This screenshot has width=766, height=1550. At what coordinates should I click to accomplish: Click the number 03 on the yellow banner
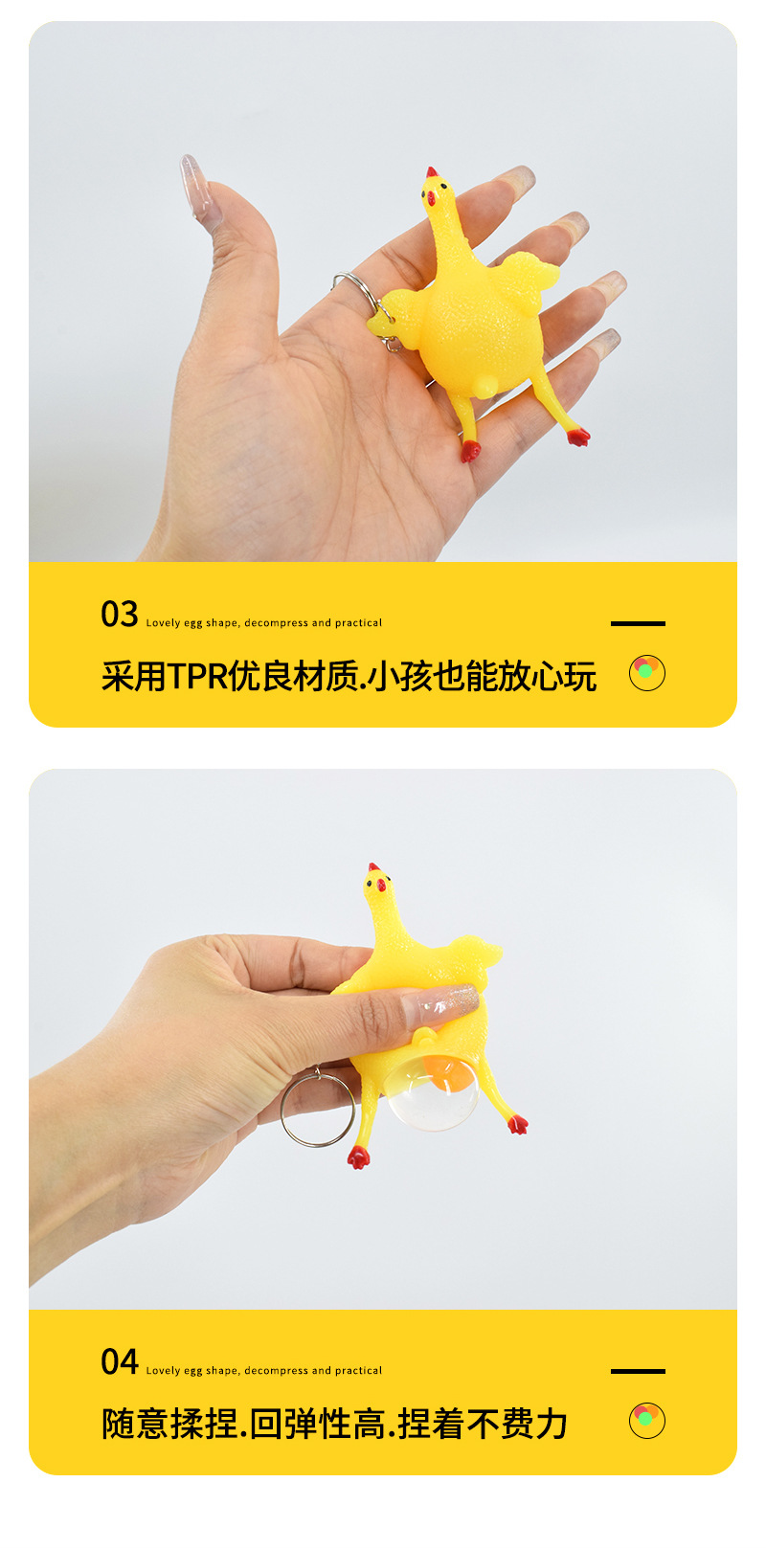coord(120,614)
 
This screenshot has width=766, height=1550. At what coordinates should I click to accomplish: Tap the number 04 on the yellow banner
coord(120,1361)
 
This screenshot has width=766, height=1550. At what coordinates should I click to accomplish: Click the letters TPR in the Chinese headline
coord(198,676)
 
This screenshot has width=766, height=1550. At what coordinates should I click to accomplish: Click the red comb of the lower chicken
coord(372,867)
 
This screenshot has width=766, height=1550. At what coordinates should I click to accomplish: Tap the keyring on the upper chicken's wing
coord(356,283)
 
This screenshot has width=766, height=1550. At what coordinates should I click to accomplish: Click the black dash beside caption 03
coord(638,623)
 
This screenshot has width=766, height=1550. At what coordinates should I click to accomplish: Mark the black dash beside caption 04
coord(638,1371)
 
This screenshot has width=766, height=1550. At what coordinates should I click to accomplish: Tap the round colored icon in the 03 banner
coord(647,673)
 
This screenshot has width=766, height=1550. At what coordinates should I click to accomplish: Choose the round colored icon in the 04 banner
coord(647,1421)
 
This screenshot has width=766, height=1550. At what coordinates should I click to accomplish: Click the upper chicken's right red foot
coord(578,437)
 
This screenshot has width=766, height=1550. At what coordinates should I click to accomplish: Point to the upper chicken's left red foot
coord(470,451)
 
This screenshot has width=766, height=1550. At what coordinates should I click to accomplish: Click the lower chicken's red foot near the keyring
coord(358,1158)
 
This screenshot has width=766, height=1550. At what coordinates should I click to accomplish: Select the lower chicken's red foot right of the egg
coord(518,1124)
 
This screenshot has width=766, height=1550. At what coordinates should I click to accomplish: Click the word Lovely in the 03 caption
coord(163,623)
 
